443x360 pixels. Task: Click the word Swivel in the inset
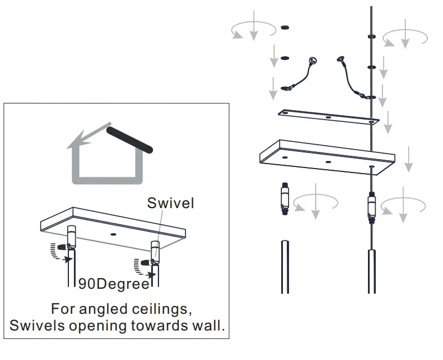click(x=170, y=203)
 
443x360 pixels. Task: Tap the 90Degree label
click(x=113, y=284)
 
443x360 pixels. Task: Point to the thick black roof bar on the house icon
click(x=130, y=140)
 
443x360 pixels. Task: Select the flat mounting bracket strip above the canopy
click(x=329, y=117)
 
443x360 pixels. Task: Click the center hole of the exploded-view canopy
click(x=328, y=161)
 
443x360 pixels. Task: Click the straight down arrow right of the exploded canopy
click(x=409, y=159)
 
